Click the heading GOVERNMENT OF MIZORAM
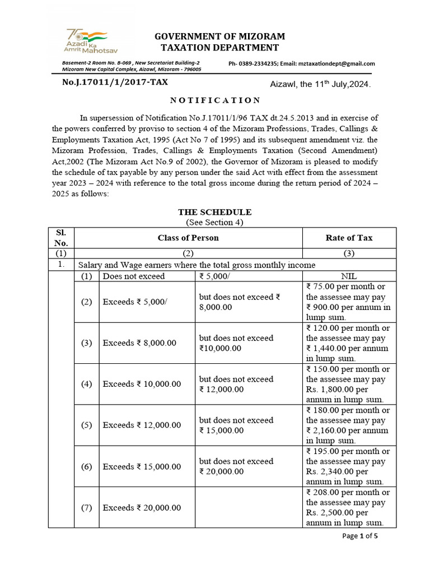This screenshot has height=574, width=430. point(216,36)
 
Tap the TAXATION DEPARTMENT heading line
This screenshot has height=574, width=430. point(216,48)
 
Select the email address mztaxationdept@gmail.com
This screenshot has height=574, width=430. point(333,64)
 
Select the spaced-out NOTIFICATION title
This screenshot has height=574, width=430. point(215,100)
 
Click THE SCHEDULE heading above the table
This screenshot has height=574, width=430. point(215,212)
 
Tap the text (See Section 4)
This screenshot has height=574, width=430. point(215,223)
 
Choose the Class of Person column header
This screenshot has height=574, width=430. point(188,238)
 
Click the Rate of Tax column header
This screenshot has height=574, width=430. point(349,238)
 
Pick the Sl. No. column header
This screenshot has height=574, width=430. point(61,238)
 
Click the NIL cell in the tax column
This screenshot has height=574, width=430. point(349,276)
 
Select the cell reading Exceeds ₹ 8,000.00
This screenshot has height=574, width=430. point(142,343)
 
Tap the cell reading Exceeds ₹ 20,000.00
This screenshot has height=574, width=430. point(142,508)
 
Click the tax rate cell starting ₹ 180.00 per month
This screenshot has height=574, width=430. point(349,425)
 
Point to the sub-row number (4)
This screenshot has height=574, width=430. point(86,384)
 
